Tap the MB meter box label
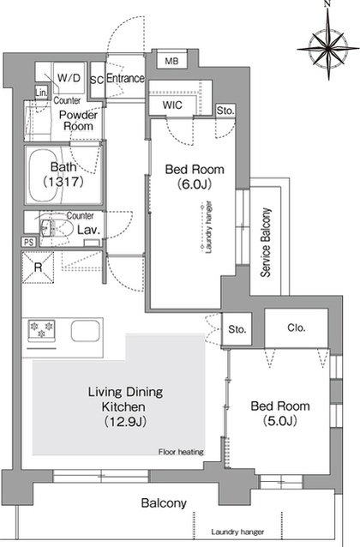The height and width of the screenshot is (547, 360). (x=171, y=61)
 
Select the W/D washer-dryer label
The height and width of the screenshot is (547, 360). (x=69, y=77)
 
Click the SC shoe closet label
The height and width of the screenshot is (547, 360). (x=97, y=80)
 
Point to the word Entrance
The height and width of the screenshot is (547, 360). (x=125, y=78)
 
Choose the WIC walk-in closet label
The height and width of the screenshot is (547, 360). (x=172, y=105)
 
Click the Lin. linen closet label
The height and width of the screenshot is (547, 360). (x=41, y=93)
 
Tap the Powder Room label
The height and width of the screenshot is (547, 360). (x=78, y=120)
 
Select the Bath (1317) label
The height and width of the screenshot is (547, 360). (x=63, y=174)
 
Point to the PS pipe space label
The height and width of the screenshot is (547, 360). (x=28, y=242)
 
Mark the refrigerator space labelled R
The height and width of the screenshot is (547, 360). (x=38, y=267)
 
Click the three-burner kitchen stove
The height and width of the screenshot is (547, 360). (x=41, y=330)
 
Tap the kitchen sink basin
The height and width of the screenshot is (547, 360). (x=86, y=331)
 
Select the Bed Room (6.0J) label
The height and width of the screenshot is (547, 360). (x=195, y=177)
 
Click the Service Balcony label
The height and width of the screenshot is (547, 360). (x=266, y=243)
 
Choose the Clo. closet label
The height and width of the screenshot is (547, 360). (x=297, y=328)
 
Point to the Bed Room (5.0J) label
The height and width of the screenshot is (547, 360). (x=280, y=413)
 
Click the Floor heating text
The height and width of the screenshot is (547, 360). (x=181, y=452)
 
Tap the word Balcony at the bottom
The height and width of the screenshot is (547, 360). (x=164, y=503)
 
